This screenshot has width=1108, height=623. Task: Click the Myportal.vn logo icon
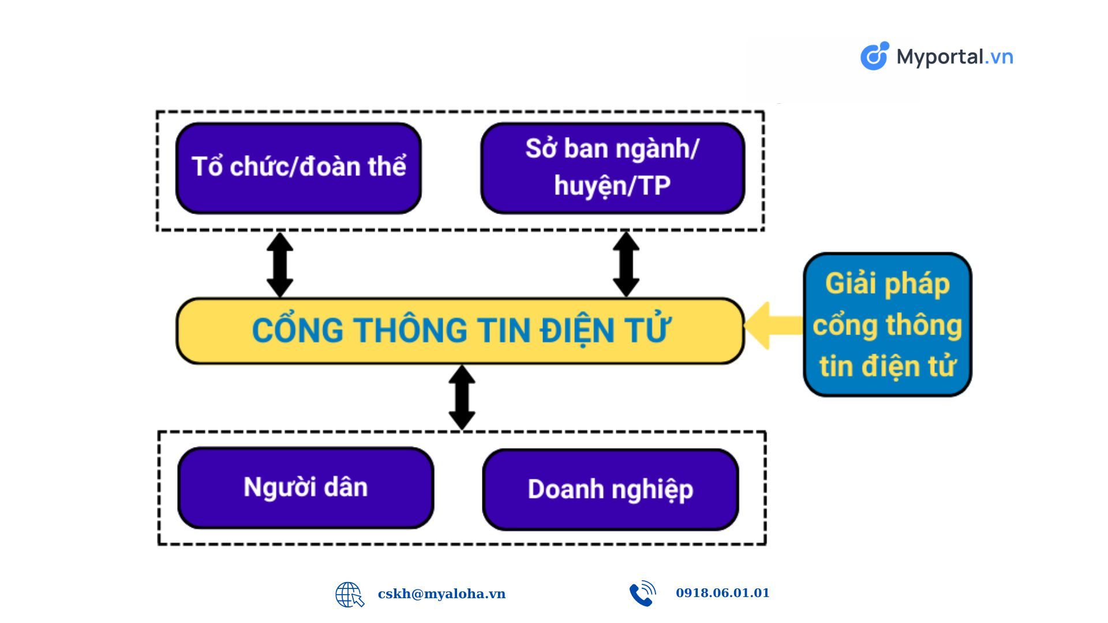point(875,56)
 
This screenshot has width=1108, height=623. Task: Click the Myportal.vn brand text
point(955,57)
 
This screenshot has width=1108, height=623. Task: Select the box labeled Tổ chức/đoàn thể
point(298,168)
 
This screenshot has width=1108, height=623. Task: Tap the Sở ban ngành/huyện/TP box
point(612,168)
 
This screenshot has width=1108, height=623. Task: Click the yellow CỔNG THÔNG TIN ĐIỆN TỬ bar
point(460,331)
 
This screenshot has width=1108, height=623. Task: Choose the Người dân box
point(305,487)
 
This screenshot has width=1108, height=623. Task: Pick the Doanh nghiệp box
point(611,489)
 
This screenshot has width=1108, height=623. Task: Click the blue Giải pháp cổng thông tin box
point(888,325)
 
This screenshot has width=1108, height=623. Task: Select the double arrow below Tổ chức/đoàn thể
point(280,265)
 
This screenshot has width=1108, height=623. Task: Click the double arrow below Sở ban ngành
point(626,265)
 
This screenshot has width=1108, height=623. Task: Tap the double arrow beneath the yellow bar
point(462,397)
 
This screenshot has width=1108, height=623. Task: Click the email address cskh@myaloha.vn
point(441,594)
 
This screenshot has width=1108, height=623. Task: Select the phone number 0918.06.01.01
point(723,593)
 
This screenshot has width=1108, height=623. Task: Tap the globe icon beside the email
point(350,595)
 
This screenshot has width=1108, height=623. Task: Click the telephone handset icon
point(642,594)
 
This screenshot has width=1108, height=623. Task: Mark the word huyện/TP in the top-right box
point(612,186)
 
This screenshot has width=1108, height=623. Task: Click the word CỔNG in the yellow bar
point(298,329)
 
